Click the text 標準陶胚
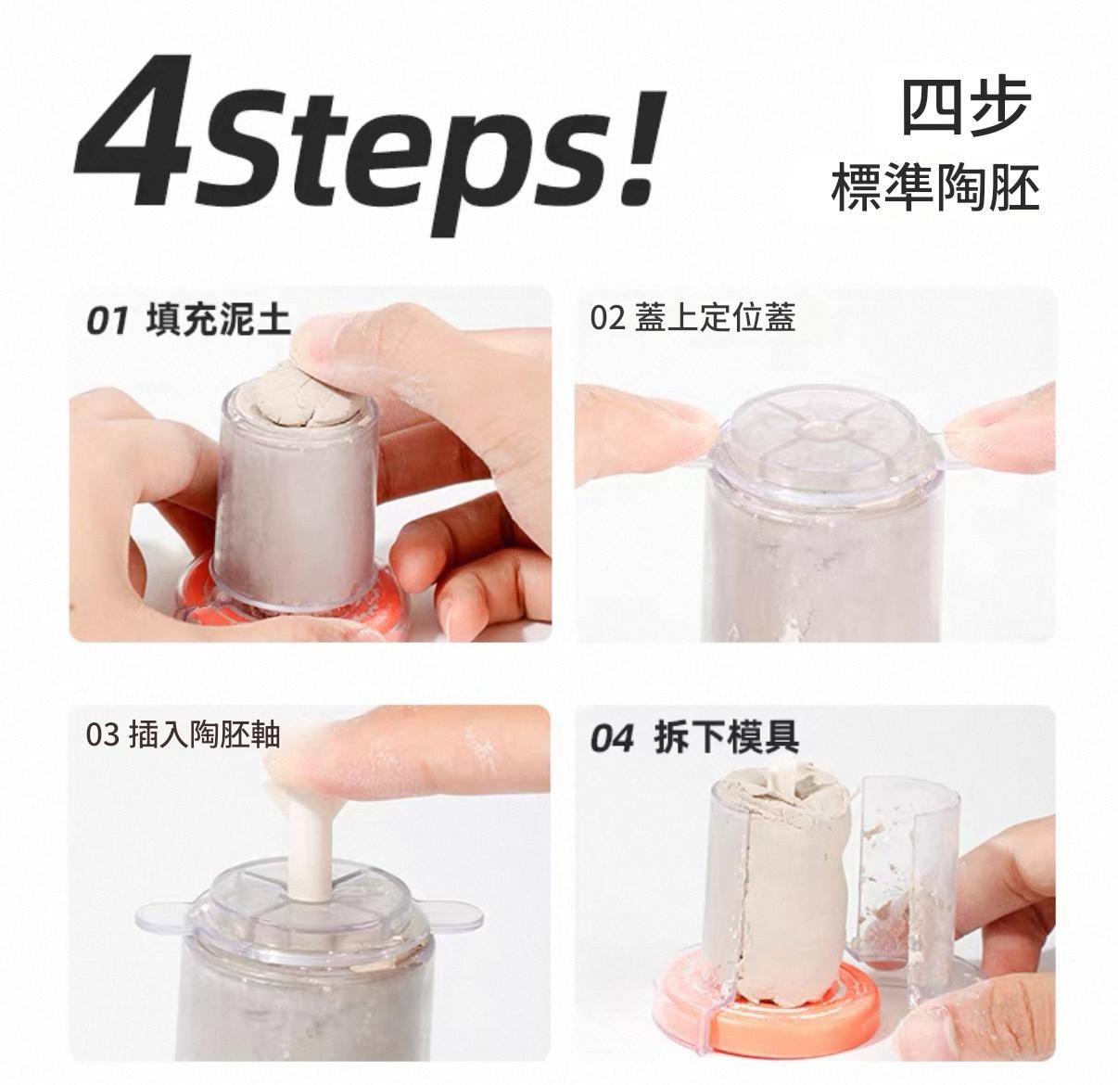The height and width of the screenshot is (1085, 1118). click(x=935, y=186)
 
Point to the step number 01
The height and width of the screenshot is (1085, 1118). click(x=106, y=322)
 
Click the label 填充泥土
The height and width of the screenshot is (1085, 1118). click(x=218, y=320)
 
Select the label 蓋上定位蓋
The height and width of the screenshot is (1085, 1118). click(x=715, y=318)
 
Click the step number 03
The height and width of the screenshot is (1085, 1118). click(x=103, y=734)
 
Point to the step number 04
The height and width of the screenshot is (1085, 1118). click(x=613, y=738)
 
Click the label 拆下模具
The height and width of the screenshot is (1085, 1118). click(x=726, y=736)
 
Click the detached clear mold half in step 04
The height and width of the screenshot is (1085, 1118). click(x=905, y=879)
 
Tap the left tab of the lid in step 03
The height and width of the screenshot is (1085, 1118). click(x=164, y=916)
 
